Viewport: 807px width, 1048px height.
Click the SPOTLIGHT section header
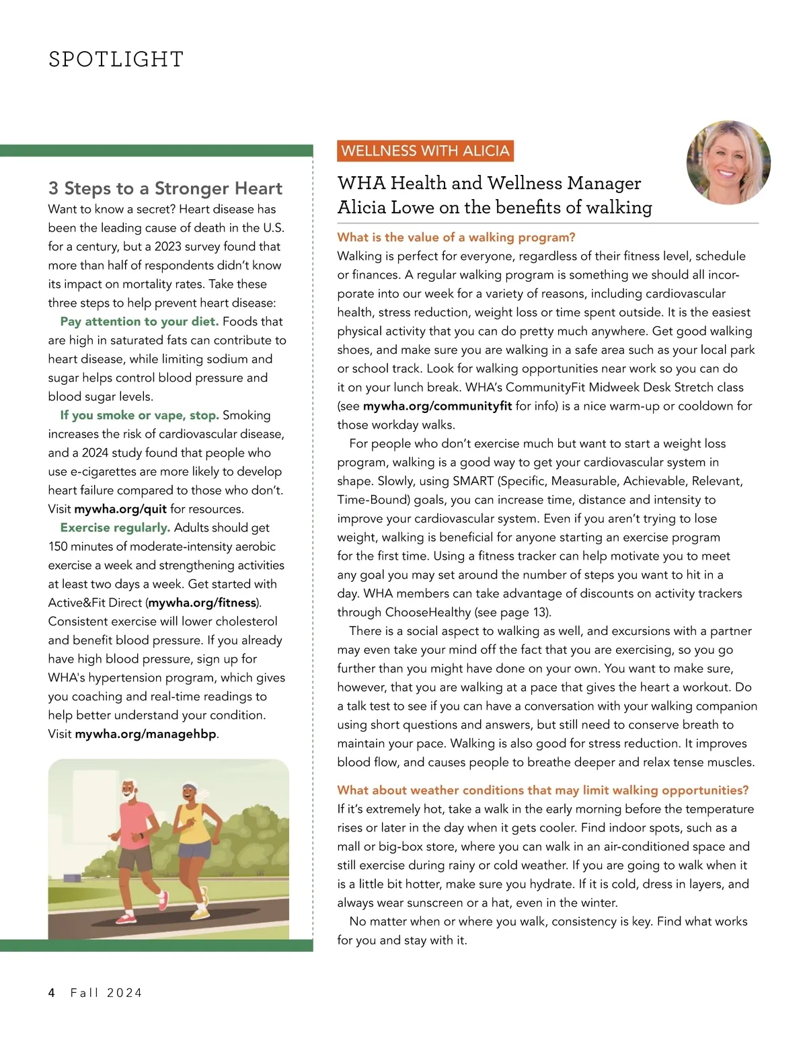[116, 59]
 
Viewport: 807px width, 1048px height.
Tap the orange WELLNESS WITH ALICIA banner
[425, 151]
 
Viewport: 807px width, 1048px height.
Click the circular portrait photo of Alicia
[728, 163]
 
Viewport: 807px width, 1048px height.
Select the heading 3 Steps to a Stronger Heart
[165, 188]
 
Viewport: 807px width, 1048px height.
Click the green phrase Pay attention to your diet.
[139, 322]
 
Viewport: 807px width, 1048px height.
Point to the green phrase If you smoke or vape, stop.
[139, 415]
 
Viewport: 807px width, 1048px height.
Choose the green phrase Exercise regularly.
[115, 527]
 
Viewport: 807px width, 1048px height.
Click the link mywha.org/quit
[120, 509]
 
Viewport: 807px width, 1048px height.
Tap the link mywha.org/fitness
[202, 603]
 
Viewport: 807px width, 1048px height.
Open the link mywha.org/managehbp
[145, 734]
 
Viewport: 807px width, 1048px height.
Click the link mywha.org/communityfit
[437, 406]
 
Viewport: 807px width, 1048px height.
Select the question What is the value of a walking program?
[456, 237]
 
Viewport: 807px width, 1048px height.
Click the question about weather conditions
[543, 790]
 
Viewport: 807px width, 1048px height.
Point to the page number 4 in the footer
[52, 993]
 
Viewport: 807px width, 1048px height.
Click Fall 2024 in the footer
[106, 993]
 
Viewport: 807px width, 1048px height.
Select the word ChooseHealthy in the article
[428, 612]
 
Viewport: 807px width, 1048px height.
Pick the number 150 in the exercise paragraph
[59, 546]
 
